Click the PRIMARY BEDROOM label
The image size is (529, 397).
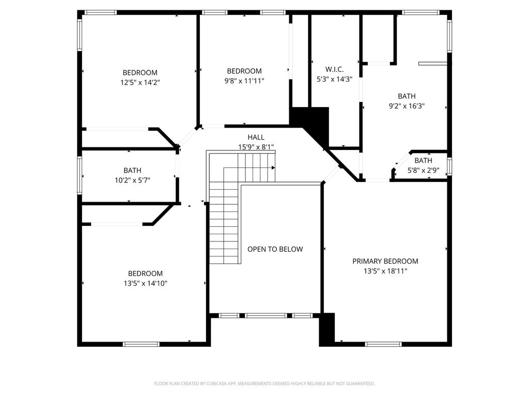(x=385, y=261)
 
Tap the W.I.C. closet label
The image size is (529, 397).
(x=334, y=70)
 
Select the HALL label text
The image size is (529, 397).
(x=256, y=137)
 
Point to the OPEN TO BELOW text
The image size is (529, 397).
(x=275, y=249)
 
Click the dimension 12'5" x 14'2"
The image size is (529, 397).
(x=140, y=82)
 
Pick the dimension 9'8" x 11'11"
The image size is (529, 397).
(x=244, y=81)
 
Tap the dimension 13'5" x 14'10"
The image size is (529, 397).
(x=145, y=283)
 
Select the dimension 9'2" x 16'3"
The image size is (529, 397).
(x=407, y=105)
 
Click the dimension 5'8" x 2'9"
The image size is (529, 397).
(x=424, y=170)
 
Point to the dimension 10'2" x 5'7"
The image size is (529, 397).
(x=132, y=180)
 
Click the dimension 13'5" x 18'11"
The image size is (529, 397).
(x=385, y=271)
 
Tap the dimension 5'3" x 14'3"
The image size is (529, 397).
(x=334, y=79)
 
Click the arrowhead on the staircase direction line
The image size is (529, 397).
(x=273, y=168)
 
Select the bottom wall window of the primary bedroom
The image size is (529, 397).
(x=383, y=344)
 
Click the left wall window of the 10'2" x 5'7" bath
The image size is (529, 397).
(x=80, y=175)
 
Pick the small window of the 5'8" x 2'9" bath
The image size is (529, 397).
(x=449, y=166)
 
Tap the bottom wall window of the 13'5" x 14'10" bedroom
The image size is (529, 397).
(x=141, y=344)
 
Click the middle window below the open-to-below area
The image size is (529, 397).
(x=266, y=316)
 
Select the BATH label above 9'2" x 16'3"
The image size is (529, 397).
(x=407, y=96)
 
